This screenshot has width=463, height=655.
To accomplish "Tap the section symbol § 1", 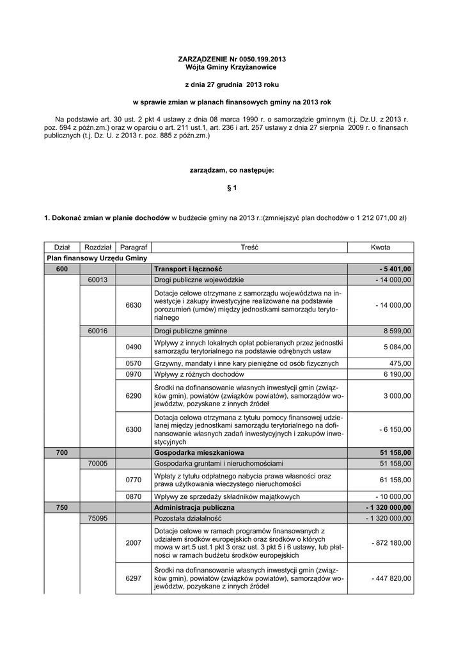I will click(231, 187).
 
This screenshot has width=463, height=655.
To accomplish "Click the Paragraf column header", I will click(133, 248).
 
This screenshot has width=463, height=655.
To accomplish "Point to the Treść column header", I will click(249, 248).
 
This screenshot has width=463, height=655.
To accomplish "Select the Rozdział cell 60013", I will click(97, 280).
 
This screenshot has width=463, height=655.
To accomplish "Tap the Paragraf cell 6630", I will click(133, 305).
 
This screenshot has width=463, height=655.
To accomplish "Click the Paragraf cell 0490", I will click(133, 347).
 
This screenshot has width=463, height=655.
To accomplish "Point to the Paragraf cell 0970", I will click(133, 374).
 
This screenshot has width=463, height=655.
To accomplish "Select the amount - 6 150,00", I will click(393, 429).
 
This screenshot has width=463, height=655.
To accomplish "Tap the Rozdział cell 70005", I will click(97, 463).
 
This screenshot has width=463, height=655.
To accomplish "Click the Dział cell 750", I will click(61, 507).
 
